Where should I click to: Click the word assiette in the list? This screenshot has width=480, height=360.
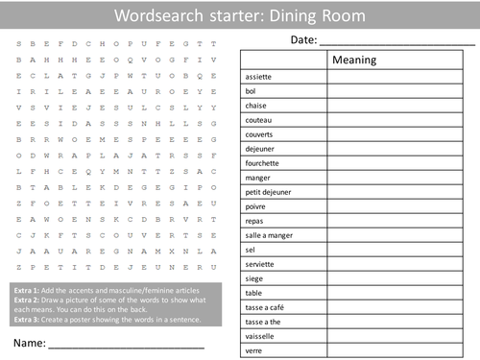258,76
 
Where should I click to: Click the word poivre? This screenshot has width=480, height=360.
254,205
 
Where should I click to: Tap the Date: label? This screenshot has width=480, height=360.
302,39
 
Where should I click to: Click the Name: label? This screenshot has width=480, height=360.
30,342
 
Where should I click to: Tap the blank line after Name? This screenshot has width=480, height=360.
125,344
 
